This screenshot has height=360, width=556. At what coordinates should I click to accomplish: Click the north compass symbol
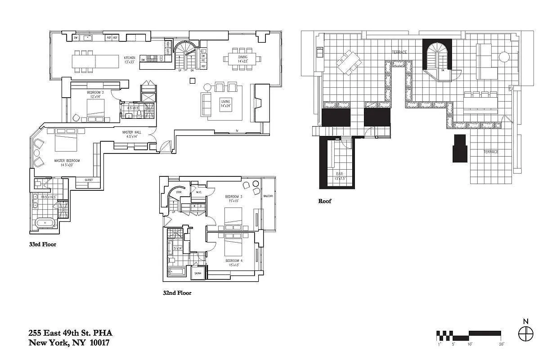525,334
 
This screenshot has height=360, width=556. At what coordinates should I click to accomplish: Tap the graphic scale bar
469,335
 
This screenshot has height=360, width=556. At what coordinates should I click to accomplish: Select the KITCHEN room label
130,58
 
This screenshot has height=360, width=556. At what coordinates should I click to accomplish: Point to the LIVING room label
225,102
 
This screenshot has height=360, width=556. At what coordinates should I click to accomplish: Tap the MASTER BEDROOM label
67,161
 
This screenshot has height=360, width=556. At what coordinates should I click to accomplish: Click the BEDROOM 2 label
95,93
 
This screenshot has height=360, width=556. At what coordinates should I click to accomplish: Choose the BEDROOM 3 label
234,197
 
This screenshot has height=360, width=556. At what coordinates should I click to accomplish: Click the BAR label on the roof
340,173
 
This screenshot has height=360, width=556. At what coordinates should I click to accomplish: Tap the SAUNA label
198,273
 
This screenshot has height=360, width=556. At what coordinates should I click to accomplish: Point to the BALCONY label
269,197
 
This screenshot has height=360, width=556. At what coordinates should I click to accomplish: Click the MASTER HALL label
132,132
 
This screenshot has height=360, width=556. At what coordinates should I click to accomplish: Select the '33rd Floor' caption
42,245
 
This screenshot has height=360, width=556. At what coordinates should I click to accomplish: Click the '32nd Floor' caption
177,293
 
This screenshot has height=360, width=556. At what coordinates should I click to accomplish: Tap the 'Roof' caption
324,201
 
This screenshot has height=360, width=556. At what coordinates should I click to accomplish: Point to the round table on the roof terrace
504,57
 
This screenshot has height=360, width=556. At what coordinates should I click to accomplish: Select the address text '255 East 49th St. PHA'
70,333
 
